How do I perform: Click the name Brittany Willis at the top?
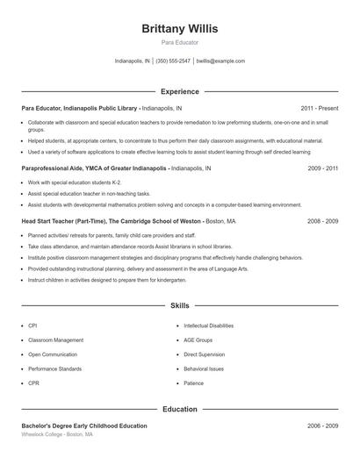180,28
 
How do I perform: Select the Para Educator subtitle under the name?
180,42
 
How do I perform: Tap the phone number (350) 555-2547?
173,61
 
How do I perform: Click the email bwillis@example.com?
220,61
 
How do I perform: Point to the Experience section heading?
180,91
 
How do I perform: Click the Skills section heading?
180,306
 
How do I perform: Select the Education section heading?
180,409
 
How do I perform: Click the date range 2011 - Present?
319,108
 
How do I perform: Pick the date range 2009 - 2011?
323,168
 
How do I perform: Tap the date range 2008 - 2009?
323,222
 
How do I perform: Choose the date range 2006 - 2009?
323,426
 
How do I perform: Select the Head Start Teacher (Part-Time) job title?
67,222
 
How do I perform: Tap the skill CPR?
34,383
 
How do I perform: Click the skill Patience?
193,383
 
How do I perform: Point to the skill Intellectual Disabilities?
209,325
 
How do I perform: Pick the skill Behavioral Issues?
204,368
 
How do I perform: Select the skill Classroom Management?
56,340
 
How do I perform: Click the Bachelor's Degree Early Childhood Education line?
84,426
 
